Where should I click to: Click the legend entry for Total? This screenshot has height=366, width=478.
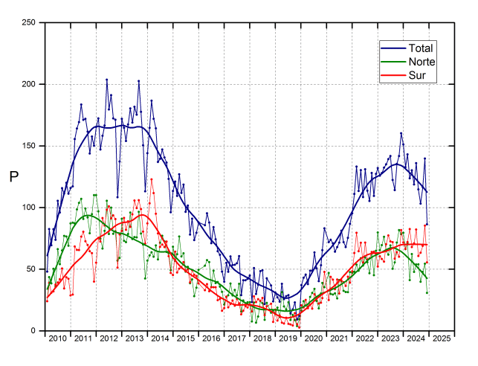coord(421,48)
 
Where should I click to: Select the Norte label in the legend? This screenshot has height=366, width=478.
coord(422,62)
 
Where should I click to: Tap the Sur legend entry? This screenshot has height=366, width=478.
coord(417,75)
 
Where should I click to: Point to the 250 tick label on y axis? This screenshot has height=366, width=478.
coord(29,22)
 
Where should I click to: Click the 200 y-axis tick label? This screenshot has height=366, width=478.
coord(29,84)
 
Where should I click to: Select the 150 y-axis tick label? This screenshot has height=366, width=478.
coord(29,146)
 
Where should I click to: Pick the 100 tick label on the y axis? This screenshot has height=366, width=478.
coord(29,208)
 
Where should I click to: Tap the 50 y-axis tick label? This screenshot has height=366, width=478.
coord(30,269)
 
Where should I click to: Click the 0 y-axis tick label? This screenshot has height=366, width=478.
coord(33,330)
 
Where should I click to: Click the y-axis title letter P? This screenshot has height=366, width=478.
coord(13,176)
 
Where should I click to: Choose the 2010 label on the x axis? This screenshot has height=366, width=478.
coord(58,338)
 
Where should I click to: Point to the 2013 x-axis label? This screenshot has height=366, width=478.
coord(135,338)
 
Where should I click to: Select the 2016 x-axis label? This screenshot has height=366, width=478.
coord(211,338)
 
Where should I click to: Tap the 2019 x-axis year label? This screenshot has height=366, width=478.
coord(288,338)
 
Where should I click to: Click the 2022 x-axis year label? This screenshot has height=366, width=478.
coord(365,338)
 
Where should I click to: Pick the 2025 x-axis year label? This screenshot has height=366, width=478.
coord(442,338)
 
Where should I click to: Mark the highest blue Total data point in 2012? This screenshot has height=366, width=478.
coord(107,80)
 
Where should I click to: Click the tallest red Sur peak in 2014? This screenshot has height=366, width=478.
coord(152,179)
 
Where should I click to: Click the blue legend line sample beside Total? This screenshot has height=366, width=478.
coord(393,48)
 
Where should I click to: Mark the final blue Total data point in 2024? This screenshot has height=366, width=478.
coord(427,224)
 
